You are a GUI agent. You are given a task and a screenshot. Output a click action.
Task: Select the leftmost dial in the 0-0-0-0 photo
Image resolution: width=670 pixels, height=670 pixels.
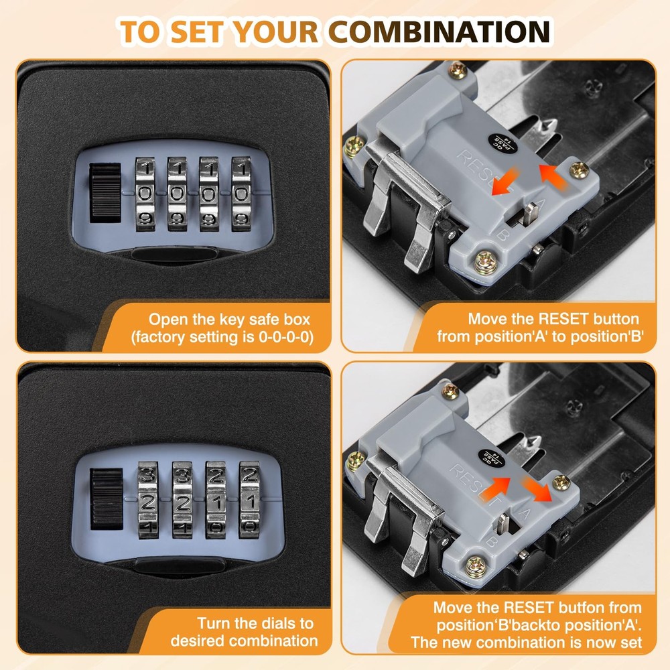pyautogui.click(x=145, y=195)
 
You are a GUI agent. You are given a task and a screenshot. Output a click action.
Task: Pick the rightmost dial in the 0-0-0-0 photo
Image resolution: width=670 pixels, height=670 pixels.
pyautogui.click(x=241, y=195)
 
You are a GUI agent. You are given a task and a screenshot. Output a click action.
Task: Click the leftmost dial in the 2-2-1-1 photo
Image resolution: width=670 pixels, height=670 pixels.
pyautogui.click(x=147, y=500)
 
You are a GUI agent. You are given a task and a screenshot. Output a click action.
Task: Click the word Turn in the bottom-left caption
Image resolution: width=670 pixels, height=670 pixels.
pyautogui.click(x=212, y=623)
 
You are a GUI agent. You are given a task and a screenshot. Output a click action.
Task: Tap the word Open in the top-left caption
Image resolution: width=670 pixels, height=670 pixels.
pyautogui.click(x=163, y=320)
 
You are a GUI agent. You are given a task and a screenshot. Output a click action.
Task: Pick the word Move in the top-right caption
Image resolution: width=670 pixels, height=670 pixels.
pyautogui.click(x=488, y=320)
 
